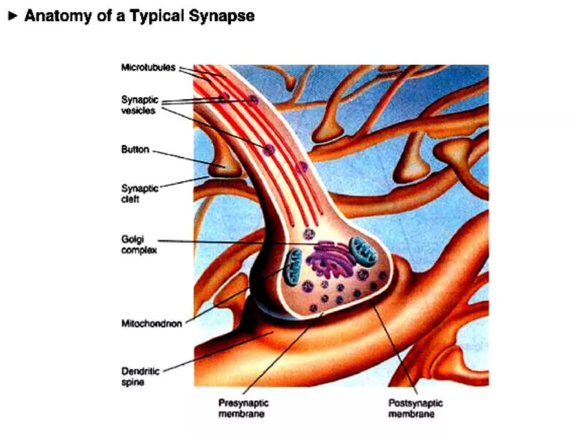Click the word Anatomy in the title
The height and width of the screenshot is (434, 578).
58,16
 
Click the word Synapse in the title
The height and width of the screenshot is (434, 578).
222,16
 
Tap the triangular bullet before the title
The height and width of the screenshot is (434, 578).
12,16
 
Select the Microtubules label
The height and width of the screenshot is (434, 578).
148,67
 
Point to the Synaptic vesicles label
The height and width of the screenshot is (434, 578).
139,105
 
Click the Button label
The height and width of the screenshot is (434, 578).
135,149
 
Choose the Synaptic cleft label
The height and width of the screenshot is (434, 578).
139,194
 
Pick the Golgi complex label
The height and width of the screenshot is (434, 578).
139,245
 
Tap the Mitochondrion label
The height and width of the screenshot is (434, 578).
152,324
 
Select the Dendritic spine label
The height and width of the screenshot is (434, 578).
140,376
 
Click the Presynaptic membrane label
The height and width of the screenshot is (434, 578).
243,408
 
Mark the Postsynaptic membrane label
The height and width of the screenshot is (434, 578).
415,408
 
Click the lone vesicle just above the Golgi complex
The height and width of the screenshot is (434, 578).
309,234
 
